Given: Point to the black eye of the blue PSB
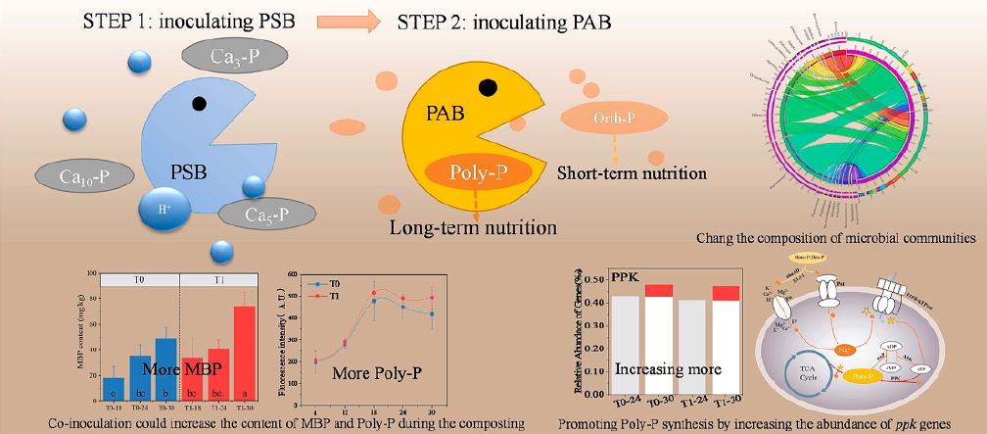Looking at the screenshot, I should pyautogui.click(x=200, y=102).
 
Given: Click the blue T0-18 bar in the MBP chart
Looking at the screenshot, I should pyautogui.click(x=114, y=388).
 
